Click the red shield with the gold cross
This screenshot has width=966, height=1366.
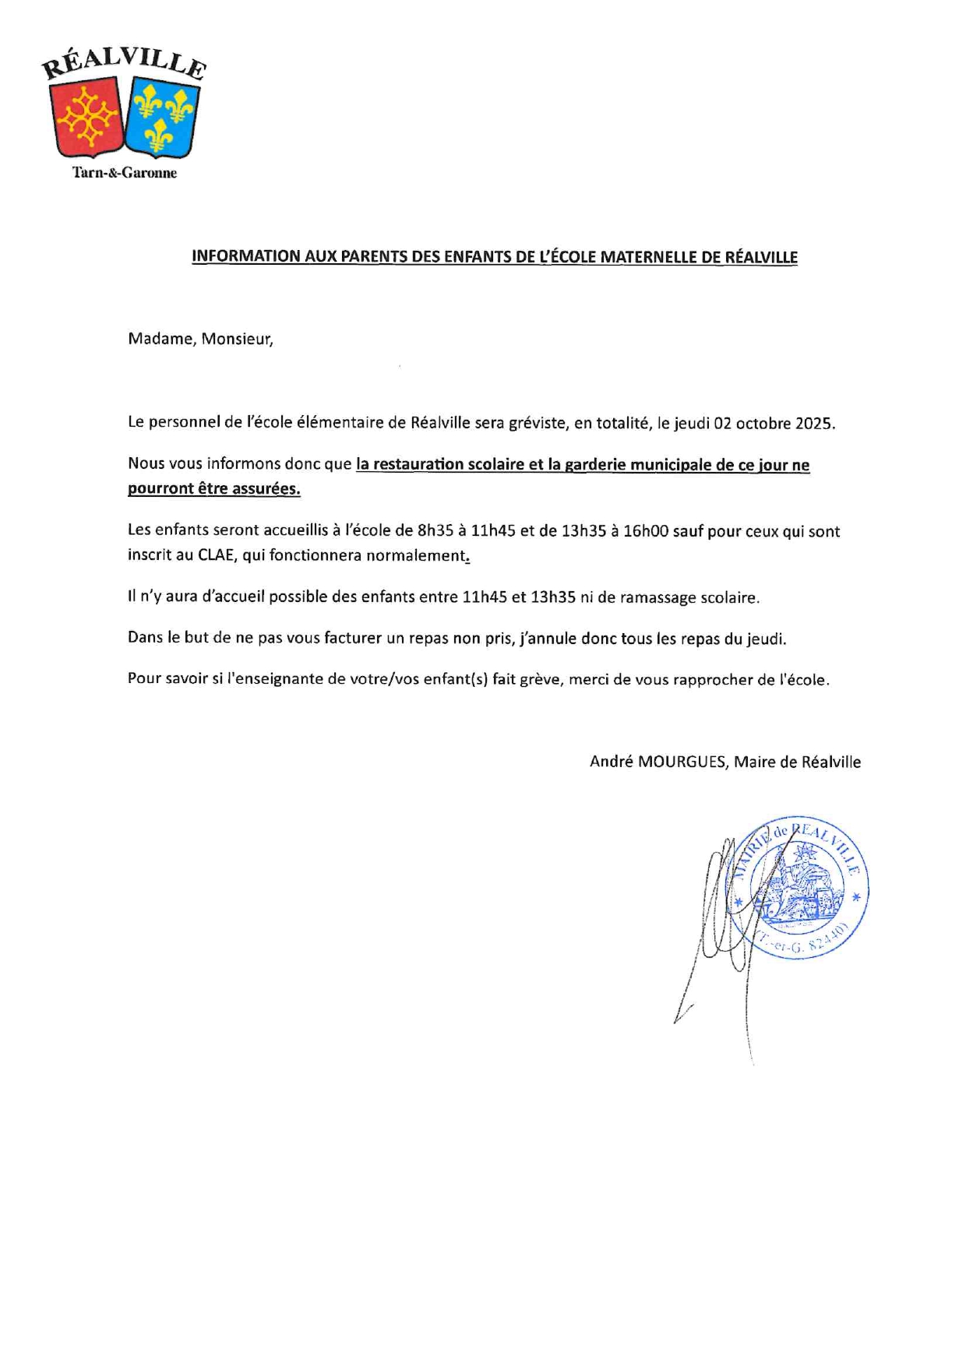[86, 117]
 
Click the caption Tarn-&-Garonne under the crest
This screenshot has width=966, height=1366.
[125, 173]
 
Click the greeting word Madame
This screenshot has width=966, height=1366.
[160, 339]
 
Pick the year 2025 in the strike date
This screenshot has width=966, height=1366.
[814, 424]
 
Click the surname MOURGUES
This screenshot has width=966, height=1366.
[682, 762]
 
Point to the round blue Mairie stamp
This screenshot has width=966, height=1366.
[798, 889]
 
